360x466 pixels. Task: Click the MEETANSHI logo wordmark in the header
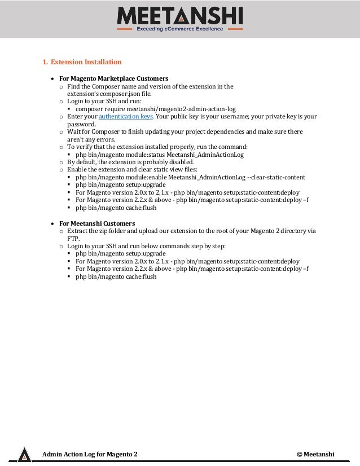click(179, 15)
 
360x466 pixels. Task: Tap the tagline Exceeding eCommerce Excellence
click(179, 29)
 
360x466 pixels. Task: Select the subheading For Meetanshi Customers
click(96, 223)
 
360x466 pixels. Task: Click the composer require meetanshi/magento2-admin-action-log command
click(155, 108)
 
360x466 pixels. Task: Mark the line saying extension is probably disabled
click(130, 161)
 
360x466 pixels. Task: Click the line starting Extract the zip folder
click(191, 231)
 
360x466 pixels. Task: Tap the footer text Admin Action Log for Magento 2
click(90, 454)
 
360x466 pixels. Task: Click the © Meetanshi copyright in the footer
click(315, 454)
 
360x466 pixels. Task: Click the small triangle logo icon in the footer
click(24, 455)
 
